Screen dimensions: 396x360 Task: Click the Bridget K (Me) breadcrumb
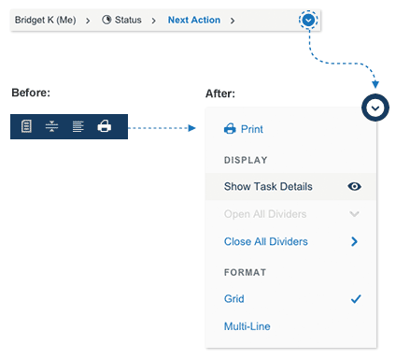46,20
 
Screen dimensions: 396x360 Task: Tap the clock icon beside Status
106,20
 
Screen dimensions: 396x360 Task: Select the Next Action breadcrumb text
194,20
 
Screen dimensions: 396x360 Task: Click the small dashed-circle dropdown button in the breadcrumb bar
308,21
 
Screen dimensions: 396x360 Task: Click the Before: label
31,93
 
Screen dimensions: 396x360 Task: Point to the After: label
220,94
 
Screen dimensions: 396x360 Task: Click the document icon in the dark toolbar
26,126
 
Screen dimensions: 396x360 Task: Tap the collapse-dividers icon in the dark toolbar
51,126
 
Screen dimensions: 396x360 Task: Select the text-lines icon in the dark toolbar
78,126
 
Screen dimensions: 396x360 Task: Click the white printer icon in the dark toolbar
105,126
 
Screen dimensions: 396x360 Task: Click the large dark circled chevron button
375,108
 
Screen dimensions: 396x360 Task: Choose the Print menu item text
252,129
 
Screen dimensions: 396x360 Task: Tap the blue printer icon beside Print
230,129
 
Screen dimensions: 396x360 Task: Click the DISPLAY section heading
246,160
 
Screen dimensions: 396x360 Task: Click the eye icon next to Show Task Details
354,186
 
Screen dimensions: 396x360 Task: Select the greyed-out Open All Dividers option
265,214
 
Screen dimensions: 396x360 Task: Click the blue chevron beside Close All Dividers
354,241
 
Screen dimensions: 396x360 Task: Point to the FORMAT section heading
245,272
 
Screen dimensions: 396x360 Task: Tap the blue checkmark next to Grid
356,299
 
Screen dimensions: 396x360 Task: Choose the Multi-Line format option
247,326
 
